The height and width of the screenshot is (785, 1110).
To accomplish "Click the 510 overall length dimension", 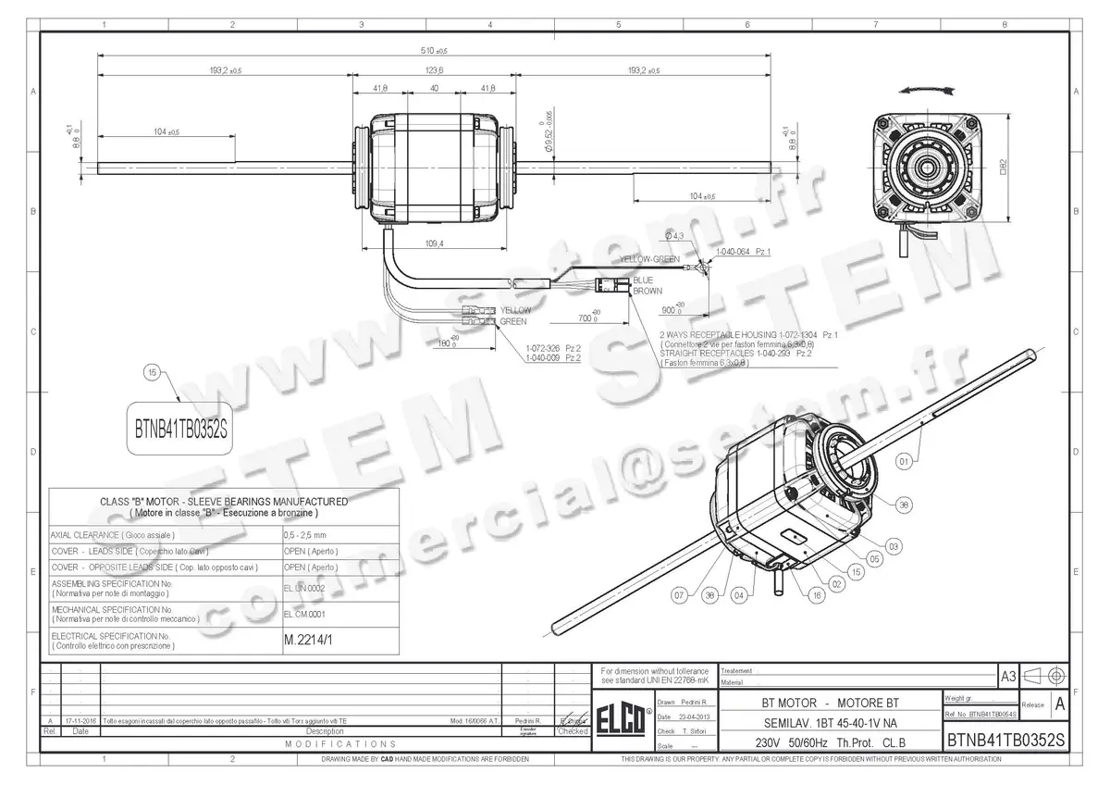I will point(435,51).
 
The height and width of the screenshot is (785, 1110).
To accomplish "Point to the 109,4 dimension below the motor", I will point(435,243).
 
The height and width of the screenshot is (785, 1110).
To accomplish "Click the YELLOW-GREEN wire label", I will point(649,259).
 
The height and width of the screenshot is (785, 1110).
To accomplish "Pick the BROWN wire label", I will point(647,291).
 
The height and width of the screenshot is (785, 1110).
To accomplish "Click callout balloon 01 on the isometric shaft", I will point(905,457).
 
